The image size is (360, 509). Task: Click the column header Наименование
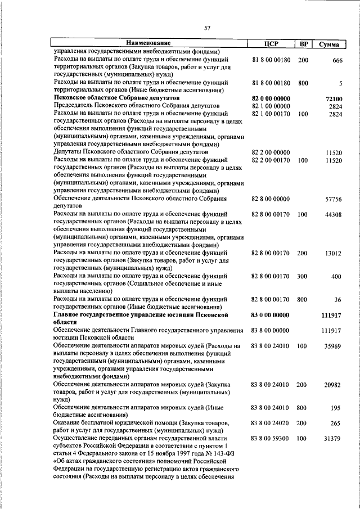point(148,43)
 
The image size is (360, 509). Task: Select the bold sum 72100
point(334,99)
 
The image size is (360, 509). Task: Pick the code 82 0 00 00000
point(271,98)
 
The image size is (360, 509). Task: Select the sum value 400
point(336,277)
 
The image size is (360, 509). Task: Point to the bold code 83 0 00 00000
point(271,315)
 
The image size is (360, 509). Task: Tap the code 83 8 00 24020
point(271,422)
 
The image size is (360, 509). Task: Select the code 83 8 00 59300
point(271,438)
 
